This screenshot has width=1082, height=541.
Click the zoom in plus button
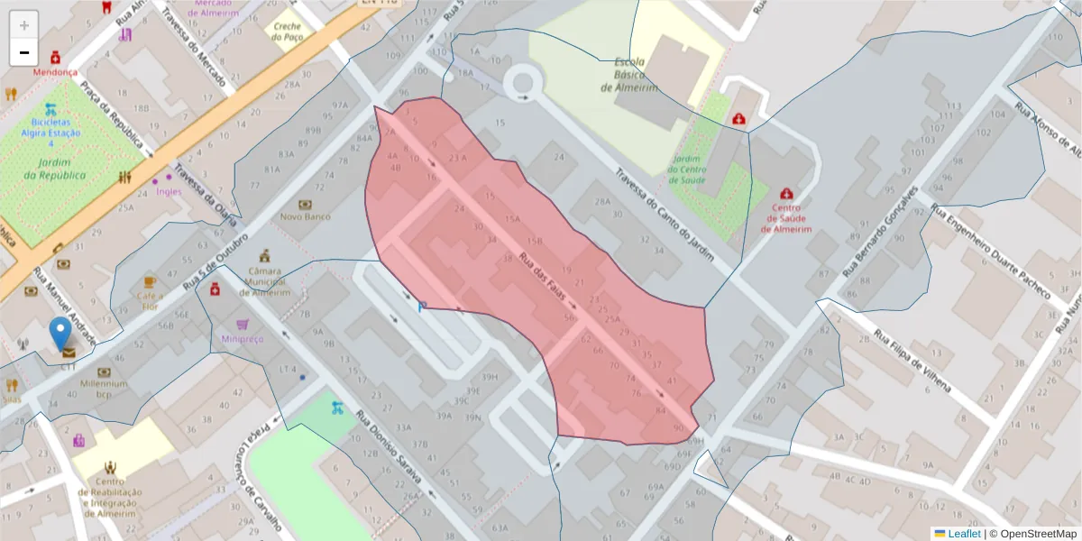pyautogui.click(x=24, y=25)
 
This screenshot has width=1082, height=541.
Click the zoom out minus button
pyautogui.click(x=24, y=52)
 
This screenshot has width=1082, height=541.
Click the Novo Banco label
pyautogui.click(x=305, y=216)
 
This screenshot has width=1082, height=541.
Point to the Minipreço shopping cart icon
pyautogui.click(x=242, y=324)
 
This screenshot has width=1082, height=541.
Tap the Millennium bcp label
pyautogui.click(x=103, y=389)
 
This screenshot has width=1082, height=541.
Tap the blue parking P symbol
pyautogui.click(x=421, y=307)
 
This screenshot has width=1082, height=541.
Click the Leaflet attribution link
pyautogui.click(x=963, y=534)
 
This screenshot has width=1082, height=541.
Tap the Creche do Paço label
pyautogui.click(x=288, y=32)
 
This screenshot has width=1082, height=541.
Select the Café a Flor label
pyautogui.click(x=150, y=300)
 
